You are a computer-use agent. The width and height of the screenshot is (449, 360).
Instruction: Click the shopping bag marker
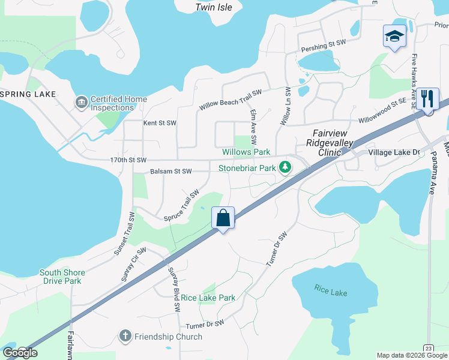coord(223,218)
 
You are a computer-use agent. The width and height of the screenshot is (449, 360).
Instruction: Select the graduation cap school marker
coord(394,36)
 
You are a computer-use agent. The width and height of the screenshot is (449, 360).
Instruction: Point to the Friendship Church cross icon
coord(125,337)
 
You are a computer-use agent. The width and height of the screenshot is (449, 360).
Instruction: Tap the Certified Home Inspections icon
coord(80,103)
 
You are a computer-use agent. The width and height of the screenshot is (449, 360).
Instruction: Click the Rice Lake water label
coord(330,292)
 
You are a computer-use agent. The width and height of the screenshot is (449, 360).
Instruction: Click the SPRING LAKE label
coord(29,94)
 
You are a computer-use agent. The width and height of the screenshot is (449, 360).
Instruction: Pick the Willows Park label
coord(246,152)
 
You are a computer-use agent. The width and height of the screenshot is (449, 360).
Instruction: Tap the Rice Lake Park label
coord(208,298)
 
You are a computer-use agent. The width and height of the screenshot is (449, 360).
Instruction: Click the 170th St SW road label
coord(128,160)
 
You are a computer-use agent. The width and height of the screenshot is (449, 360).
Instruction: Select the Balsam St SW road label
coord(170,172)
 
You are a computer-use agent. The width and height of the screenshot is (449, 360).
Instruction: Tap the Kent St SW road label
coord(160,123)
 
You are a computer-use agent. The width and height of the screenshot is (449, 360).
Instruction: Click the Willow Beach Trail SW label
coord(231,100)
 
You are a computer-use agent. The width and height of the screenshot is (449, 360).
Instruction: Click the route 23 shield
coord(428,348)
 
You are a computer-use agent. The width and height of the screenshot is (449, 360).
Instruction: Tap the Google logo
coord(20,352)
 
